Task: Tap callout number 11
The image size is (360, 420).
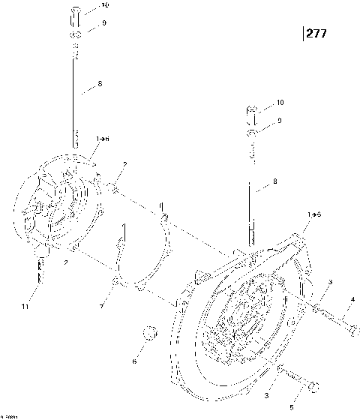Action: click(25, 307)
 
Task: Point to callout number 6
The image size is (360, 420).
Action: click(135, 361)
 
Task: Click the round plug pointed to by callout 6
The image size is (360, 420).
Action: click(149, 332)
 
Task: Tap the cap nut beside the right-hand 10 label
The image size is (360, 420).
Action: click(253, 114)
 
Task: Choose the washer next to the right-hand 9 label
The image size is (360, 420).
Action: click(253, 133)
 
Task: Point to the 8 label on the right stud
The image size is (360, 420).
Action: click(274, 181)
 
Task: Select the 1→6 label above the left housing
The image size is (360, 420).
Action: click(102, 139)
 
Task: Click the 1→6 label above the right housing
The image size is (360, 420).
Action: click(313, 215)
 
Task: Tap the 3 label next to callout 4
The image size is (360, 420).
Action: click(329, 281)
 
